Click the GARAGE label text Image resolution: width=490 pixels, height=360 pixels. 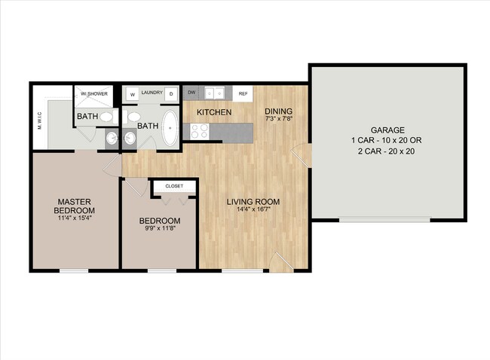point(387,130)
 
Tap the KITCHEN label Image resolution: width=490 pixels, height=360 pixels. point(213,113)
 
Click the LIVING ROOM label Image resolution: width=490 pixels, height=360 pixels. point(254,202)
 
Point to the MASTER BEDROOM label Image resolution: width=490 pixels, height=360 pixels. point(75,206)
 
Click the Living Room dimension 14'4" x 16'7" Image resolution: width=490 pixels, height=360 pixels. point(254,211)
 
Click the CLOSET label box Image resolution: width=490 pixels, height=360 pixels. point(174,185)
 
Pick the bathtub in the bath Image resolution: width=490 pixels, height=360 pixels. point(170,129)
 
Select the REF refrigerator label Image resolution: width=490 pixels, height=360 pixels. point(243,94)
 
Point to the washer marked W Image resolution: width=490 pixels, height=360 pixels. point(133,95)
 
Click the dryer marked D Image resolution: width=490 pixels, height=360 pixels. point(171,95)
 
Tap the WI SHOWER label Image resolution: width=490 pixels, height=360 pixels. point(96,94)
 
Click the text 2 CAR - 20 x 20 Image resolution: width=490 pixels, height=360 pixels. point(387,151)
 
